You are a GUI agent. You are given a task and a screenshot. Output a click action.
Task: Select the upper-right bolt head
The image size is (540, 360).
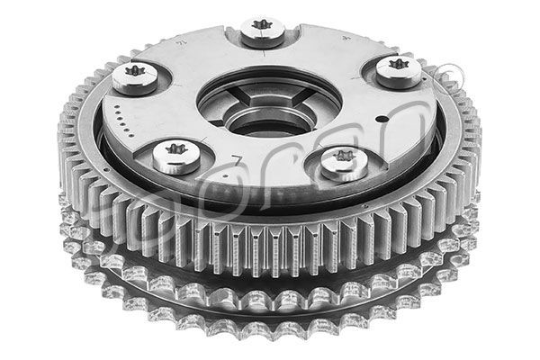tap(398, 70)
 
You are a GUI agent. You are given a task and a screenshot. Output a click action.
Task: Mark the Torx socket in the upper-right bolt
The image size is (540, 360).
tap(398, 66)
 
